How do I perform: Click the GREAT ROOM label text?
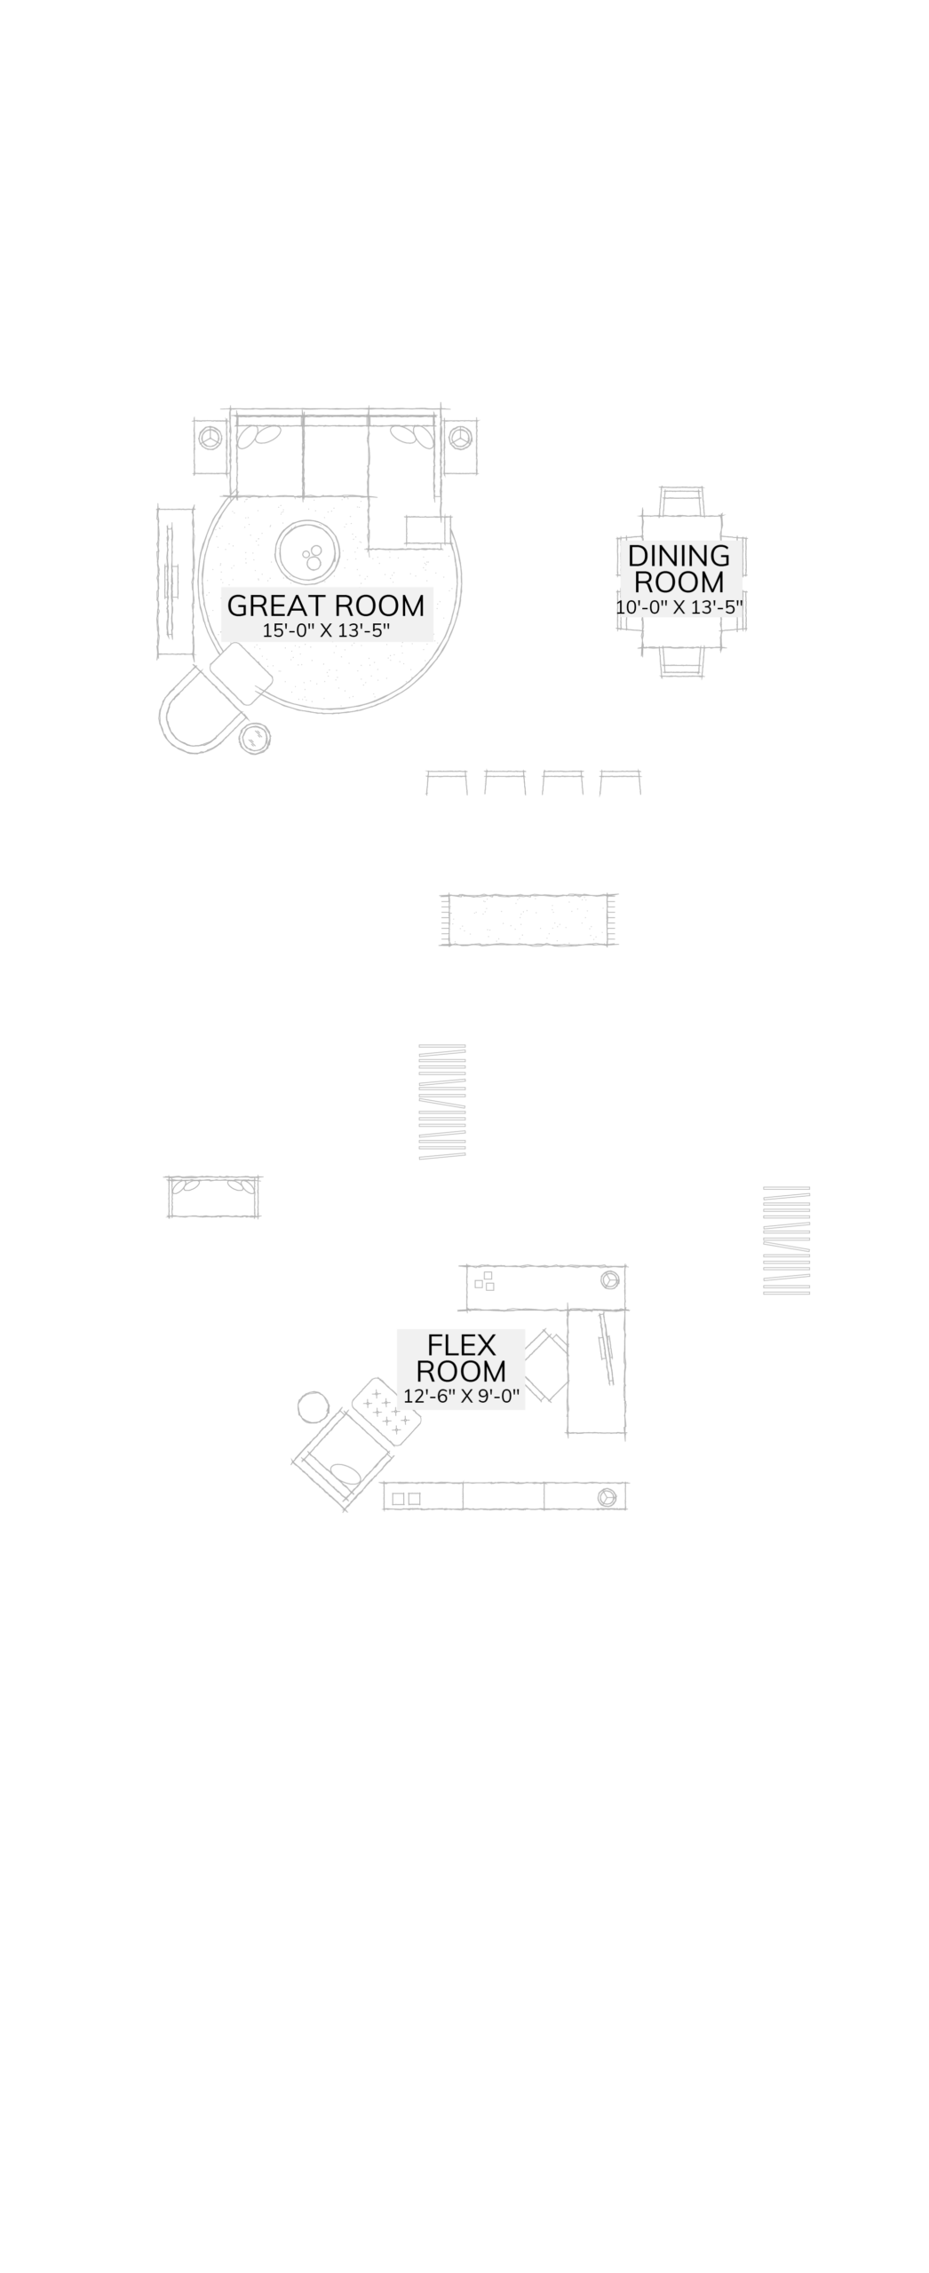tap(326, 606)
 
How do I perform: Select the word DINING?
tap(679, 556)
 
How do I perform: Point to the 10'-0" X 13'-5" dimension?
tap(679, 608)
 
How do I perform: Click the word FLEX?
tap(461, 1344)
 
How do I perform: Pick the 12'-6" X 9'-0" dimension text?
tap(461, 1396)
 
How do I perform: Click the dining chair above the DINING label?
tap(681, 503)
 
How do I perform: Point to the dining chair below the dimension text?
tap(681, 662)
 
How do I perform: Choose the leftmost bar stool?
tap(446, 782)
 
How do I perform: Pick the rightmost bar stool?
tap(620, 782)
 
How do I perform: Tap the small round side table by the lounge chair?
tap(255, 738)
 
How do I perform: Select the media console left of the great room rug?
tap(174, 582)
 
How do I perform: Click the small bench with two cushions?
tap(213, 1197)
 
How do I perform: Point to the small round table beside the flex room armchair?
tap(314, 1406)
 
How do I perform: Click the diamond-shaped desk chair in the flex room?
tap(546, 1366)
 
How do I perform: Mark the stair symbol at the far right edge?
tap(786, 1239)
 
